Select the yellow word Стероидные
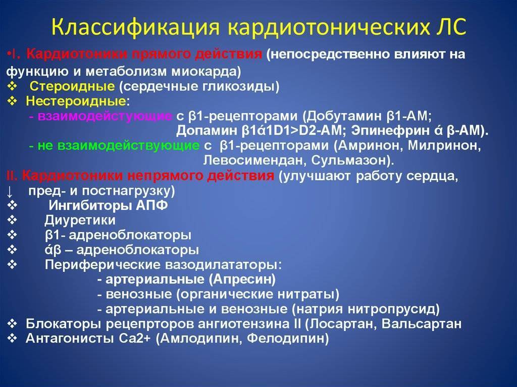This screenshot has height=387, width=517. (x=72, y=87)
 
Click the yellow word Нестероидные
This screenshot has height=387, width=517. (x=76, y=101)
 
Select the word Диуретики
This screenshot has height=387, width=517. (x=80, y=220)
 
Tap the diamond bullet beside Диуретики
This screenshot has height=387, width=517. (x=12, y=220)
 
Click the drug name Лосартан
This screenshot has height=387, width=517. (x=343, y=324)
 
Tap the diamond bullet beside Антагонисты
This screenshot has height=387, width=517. (x=12, y=339)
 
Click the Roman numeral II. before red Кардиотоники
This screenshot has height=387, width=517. (x=12, y=176)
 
